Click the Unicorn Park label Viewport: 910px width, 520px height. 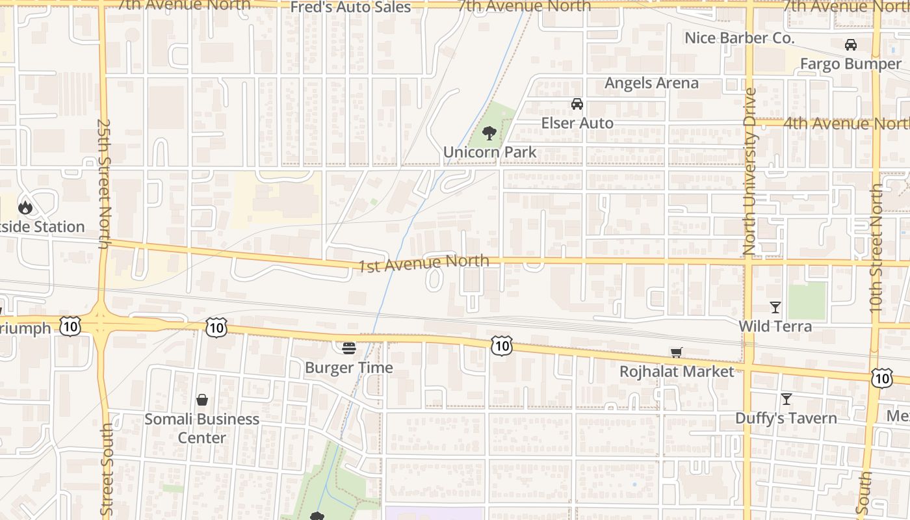coord(489,153)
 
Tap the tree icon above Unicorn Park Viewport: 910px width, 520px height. coord(489,134)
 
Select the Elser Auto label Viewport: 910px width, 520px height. coord(577,123)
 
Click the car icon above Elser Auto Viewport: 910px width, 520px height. coord(577,104)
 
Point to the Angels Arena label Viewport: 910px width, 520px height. coord(651,83)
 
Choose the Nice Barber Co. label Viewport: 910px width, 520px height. coord(739,38)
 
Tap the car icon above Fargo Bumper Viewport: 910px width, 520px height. coord(850,45)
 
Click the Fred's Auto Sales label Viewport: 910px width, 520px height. coord(350,8)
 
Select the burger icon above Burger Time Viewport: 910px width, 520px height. coord(349,348)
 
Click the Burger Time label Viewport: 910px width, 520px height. coord(349,368)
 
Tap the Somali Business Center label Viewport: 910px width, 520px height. coord(201,428)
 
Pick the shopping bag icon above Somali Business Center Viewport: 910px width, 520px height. coord(202,400)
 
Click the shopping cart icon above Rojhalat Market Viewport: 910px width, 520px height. coord(677,352)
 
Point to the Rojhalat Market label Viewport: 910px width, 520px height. coord(677,372)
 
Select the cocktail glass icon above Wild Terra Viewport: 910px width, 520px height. coord(775,307)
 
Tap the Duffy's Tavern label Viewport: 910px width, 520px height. coord(786,418)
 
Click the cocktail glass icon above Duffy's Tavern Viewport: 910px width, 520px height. coord(786,399)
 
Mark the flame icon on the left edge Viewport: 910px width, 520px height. coord(25,207)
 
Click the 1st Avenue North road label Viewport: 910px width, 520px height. coord(424,263)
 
